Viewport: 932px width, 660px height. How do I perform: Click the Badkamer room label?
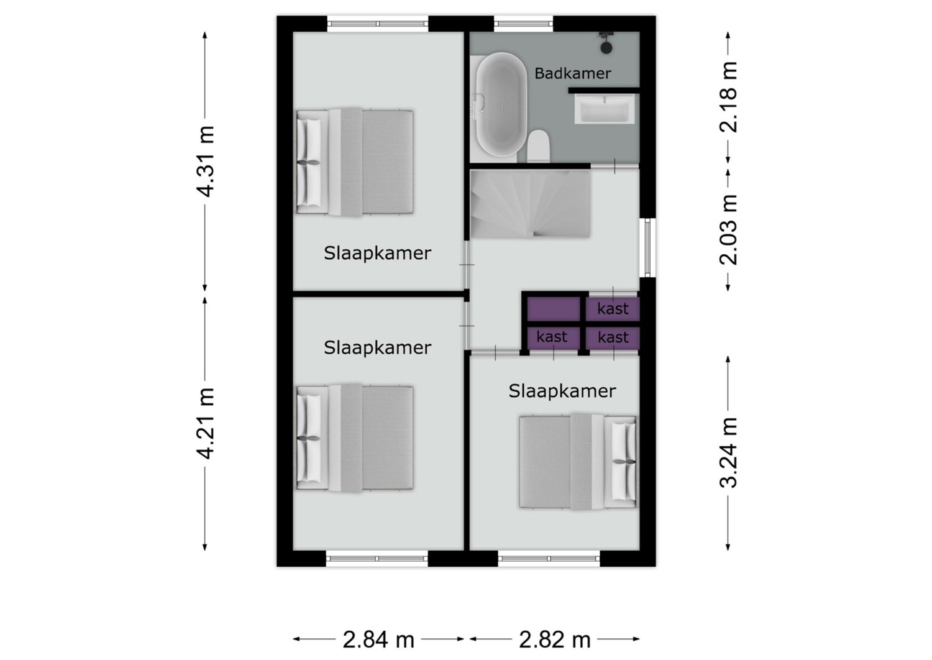(572, 74)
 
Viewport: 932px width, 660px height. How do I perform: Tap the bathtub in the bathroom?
(501, 104)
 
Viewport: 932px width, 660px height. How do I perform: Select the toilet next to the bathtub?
(539, 146)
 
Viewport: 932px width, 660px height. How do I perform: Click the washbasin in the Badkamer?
(604, 109)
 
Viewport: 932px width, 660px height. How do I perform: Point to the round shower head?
(606, 47)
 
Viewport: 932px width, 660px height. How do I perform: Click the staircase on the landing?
(530, 204)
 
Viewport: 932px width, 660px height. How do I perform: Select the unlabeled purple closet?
(554, 309)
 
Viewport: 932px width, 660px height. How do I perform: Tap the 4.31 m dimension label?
(206, 161)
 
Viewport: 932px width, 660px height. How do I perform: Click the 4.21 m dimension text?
(206, 423)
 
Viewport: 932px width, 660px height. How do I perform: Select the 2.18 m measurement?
(728, 97)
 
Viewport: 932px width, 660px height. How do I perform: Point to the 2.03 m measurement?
(728, 230)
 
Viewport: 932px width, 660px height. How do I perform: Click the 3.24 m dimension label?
(728, 452)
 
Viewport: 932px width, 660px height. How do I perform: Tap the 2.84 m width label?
(378, 639)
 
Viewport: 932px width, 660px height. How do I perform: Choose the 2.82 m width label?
(555, 639)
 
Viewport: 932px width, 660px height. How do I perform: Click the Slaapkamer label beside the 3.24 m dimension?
(562, 391)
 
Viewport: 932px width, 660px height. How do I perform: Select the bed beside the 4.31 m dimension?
(355, 162)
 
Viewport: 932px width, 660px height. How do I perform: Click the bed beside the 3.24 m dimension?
(577, 462)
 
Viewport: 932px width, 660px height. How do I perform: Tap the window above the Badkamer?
(523, 24)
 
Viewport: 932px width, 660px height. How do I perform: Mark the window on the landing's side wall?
(647, 247)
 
